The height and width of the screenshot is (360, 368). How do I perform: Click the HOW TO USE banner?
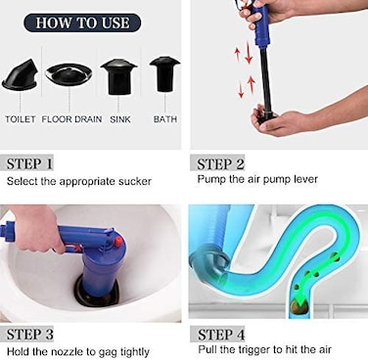82,22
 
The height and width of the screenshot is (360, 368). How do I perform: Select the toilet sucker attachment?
21,74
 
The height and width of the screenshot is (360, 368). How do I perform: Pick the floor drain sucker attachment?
69,73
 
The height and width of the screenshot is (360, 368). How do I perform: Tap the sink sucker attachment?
118,77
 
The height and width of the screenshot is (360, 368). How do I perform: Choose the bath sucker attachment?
164,74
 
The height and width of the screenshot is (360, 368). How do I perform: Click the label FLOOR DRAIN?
71,119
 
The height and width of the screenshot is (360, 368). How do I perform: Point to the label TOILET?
21,119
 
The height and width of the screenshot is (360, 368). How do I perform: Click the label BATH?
165,119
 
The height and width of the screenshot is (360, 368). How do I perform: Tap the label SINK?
120,119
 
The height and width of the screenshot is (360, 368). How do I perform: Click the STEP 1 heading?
29,163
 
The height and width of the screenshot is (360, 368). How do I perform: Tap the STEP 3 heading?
30,335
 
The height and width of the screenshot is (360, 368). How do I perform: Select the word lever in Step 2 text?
305,179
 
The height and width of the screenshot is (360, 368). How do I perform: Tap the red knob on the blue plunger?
118,242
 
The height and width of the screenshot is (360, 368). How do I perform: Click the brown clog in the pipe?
299,306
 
